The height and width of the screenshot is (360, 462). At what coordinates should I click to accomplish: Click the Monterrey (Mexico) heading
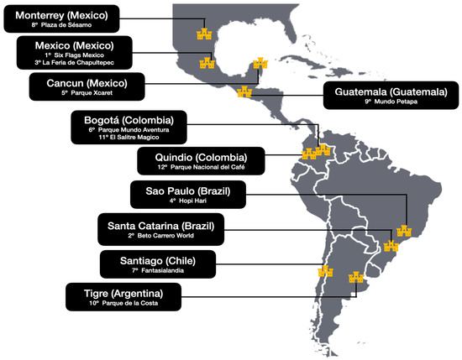[x=61, y=14]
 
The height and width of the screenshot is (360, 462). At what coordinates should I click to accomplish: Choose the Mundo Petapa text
[x=392, y=104]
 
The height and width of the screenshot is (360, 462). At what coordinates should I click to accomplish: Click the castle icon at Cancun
[x=260, y=65]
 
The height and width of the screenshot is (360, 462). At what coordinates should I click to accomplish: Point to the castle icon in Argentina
[x=355, y=276]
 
